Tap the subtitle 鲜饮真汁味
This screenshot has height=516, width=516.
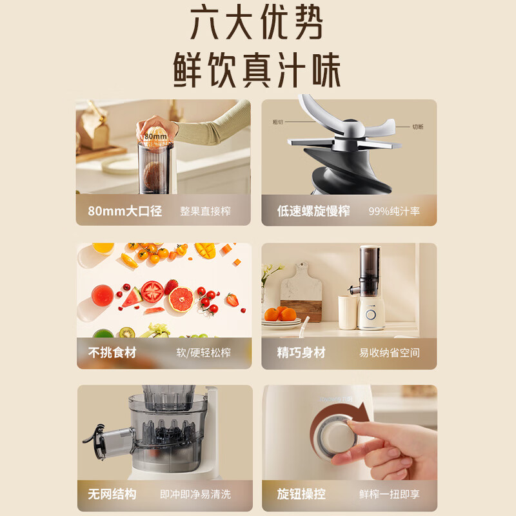[257, 70]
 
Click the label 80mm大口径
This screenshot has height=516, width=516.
[124, 211]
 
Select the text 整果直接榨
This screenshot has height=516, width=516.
[205, 211]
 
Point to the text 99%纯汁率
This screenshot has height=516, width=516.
[393, 211]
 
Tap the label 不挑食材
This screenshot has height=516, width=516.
[112, 353]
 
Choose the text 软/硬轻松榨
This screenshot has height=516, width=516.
[203, 353]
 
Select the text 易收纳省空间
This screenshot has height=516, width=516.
[390, 353]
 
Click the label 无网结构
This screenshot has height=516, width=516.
[112, 495]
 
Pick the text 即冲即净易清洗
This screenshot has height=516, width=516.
[195, 495]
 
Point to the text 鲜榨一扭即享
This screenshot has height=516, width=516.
[390, 495]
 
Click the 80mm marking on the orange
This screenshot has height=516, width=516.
[155, 137]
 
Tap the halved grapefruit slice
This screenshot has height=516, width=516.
[181, 299]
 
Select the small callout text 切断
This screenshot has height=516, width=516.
[418, 127]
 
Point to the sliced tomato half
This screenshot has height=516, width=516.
[153, 292]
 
